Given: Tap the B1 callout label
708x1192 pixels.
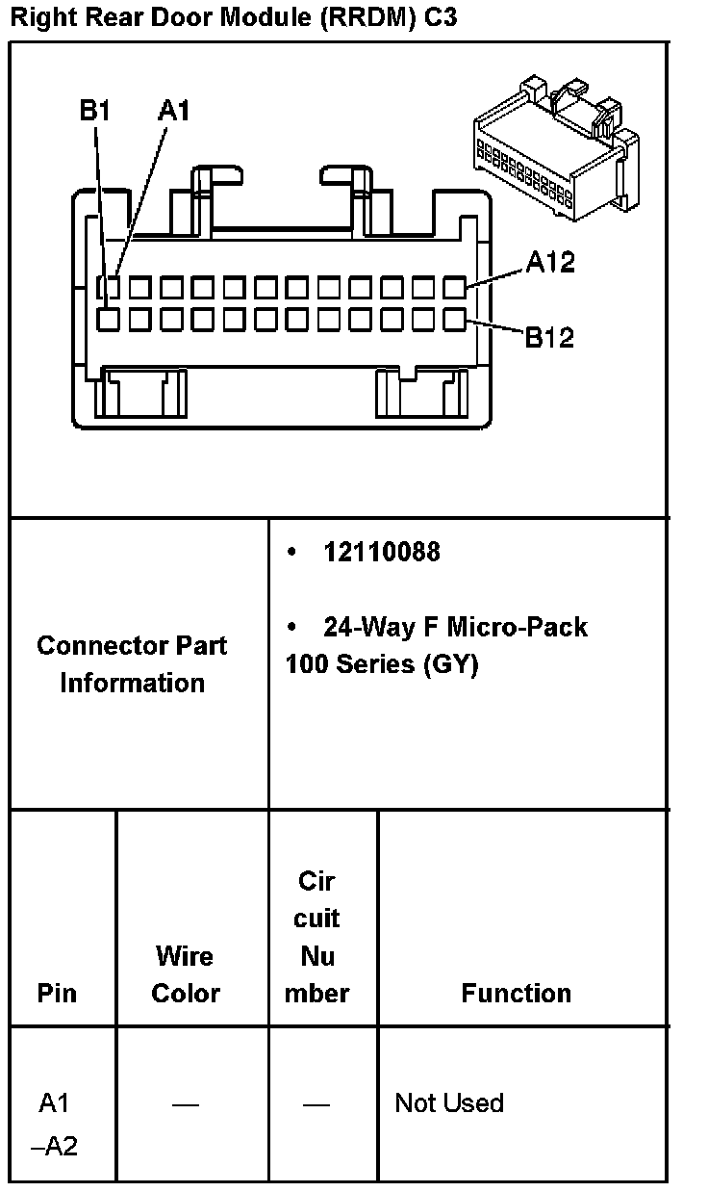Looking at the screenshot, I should coord(95,112).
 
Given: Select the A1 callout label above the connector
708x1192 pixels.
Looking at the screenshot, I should coord(174,112).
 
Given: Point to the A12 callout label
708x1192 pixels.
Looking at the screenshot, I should coord(550,262).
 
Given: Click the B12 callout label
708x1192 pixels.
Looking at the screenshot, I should coord(549,338).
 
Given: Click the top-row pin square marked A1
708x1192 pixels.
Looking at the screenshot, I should coord(111,287).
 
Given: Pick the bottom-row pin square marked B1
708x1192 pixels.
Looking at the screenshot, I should coord(111,319).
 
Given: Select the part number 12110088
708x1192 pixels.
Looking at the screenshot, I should coord(382,552).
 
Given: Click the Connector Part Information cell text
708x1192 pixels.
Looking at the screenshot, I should coord(132,664).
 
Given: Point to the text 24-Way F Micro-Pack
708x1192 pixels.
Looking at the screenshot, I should coord(455,627).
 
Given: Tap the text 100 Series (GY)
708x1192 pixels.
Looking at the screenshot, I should coord(382,664).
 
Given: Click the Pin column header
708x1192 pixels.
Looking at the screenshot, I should coord(57,993).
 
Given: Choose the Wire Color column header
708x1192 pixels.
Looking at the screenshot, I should coord(186,974).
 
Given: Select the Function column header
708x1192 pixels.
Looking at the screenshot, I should coord(517,993).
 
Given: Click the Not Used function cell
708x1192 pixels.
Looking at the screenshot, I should coord(449,1103).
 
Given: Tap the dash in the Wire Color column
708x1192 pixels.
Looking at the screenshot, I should coord(186,1104).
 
